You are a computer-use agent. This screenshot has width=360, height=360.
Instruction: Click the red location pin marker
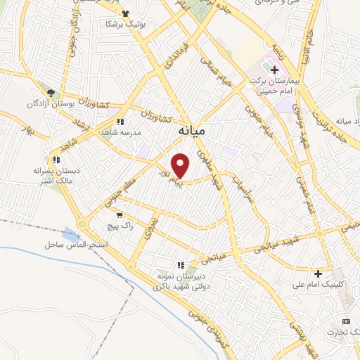click(181, 165)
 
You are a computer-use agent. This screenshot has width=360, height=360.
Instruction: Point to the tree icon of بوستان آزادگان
click(50, 93)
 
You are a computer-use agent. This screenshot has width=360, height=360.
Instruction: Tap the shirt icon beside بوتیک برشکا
click(125, 13)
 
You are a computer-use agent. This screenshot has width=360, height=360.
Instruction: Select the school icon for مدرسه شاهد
click(121, 122)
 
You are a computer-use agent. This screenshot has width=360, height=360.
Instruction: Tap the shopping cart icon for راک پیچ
click(121, 215)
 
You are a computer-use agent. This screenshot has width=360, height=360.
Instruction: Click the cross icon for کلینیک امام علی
click(319, 274)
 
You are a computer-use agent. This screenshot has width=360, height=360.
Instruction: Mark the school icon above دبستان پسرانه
click(56, 160)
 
